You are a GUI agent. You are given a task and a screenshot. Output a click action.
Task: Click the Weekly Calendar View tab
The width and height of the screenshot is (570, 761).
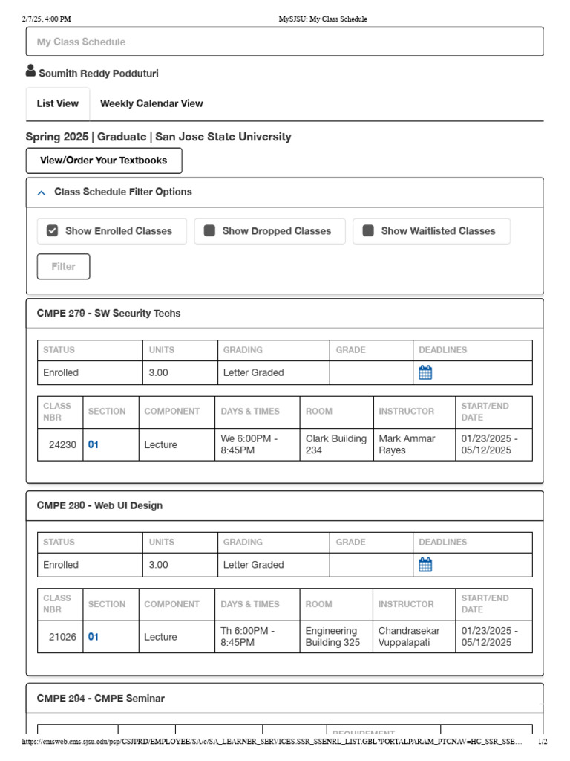(x=151, y=103)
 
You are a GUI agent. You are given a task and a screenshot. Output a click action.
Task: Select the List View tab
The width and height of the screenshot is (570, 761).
(x=57, y=103)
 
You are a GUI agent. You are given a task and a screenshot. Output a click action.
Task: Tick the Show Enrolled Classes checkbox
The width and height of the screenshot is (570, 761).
(x=52, y=231)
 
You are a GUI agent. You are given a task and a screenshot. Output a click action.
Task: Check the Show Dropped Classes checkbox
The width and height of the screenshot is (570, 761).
(x=210, y=231)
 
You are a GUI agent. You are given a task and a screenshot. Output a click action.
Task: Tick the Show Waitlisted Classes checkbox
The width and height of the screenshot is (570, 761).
(x=368, y=231)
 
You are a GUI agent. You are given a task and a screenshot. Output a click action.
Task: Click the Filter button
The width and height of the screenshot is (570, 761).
(x=63, y=266)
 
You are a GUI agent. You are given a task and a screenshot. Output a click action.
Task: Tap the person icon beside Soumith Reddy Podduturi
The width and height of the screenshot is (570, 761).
(x=30, y=71)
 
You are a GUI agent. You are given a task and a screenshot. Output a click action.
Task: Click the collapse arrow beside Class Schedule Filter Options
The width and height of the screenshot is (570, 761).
(x=41, y=192)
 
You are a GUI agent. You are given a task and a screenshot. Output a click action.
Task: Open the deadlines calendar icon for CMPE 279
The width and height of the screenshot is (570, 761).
(x=425, y=372)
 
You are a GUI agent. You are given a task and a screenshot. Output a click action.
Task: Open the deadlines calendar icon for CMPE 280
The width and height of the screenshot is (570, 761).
(x=425, y=565)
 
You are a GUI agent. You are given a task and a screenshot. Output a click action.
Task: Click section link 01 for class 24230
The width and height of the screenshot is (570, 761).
(x=94, y=444)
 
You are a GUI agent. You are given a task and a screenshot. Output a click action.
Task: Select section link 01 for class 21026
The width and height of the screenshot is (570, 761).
(x=94, y=637)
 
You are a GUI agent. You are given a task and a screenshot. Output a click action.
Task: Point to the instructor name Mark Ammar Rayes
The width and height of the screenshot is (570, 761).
(x=407, y=444)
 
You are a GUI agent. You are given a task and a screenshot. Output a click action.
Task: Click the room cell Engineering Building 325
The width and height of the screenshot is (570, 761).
(x=332, y=637)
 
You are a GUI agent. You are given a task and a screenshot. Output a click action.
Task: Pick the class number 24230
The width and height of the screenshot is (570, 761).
(x=62, y=444)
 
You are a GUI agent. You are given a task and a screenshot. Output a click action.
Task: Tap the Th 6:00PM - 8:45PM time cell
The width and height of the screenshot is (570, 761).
(x=248, y=637)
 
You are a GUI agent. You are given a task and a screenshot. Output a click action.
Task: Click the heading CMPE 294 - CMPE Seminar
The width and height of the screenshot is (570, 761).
(x=101, y=699)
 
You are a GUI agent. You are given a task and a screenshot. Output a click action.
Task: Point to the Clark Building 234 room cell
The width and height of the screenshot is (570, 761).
(x=335, y=444)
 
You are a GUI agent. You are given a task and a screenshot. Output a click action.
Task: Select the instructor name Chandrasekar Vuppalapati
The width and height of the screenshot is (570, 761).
(x=409, y=637)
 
